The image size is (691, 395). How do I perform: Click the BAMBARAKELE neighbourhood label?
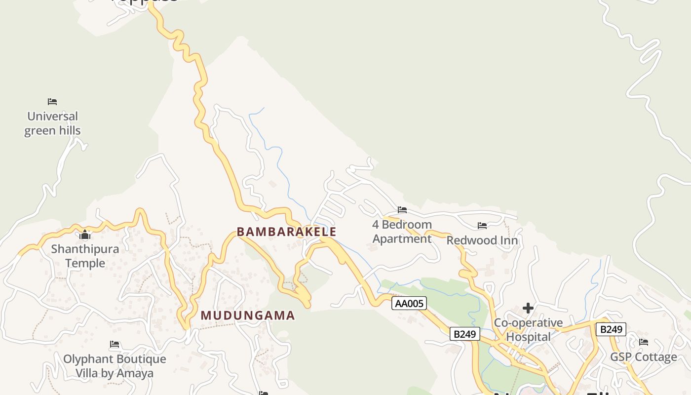(x=286, y=232)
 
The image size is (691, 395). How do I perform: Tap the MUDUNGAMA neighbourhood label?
(x=247, y=316)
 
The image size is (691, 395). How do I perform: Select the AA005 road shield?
(x=409, y=303)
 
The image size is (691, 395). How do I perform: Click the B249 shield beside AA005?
(x=465, y=334)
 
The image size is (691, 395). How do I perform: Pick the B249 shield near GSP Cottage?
(x=611, y=329)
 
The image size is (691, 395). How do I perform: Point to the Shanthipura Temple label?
(x=85, y=256)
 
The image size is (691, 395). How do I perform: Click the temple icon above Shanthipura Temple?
(x=85, y=235)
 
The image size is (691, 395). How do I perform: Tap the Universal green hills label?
(x=52, y=123)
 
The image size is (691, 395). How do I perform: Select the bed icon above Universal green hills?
(x=52, y=102)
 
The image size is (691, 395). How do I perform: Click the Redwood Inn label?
(x=482, y=240)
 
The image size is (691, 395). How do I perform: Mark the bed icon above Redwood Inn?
(x=482, y=226)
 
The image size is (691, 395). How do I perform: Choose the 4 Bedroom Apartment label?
(x=402, y=232)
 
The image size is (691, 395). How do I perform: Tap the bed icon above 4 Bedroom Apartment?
(x=402, y=210)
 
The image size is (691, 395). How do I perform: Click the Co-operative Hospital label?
(x=528, y=330)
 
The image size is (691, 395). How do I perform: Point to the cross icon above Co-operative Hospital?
(x=528, y=308)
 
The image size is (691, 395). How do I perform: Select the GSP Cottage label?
(x=644, y=357)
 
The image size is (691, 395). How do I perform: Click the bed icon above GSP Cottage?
(x=644, y=342)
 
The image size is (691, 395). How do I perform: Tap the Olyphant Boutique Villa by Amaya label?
(x=115, y=366)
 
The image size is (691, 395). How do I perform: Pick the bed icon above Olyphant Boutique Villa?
(x=115, y=344)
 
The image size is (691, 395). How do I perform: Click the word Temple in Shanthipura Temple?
(x=85, y=263)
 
